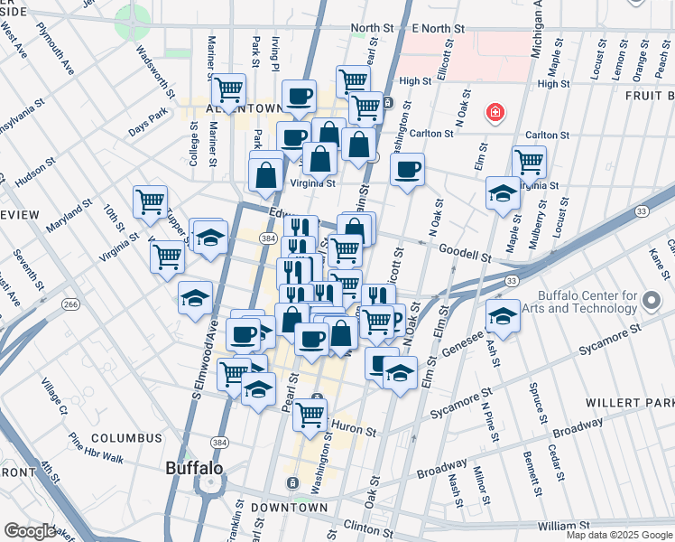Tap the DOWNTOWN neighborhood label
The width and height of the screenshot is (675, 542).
coord(289,508)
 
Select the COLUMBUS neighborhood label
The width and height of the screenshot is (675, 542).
coord(126,438)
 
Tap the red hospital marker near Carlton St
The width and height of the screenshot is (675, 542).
coord(495,113)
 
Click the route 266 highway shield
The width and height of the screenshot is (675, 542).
coord(68,304)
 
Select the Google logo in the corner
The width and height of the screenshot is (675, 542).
coord(30,531)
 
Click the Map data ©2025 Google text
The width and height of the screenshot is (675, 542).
coord(618,535)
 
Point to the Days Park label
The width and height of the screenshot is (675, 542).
coord(148,124)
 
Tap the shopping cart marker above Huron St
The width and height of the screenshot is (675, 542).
coord(310,415)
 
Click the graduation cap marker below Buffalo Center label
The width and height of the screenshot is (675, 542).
coord(503,317)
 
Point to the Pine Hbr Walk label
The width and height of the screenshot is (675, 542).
coord(96,446)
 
